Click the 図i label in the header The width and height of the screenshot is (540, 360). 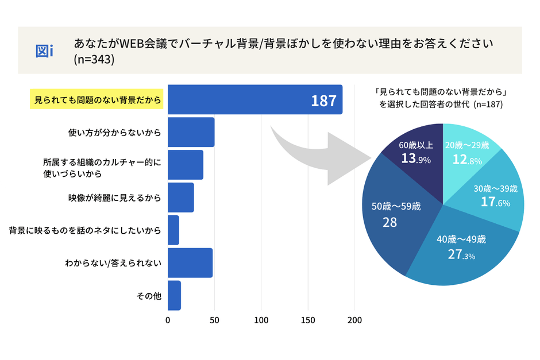(x=44, y=51)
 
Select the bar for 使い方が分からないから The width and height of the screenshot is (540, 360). (x=191, y=132)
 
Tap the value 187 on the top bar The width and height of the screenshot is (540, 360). (x=323, y=101)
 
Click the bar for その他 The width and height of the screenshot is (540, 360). (x=174, y=296)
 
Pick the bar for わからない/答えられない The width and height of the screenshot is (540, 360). (x=190, y=263)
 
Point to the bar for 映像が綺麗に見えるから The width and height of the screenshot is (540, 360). (x=180, y=198)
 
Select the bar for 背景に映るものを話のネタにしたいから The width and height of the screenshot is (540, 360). (x=173, y=230)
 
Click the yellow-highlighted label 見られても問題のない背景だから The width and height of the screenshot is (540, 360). (x=96, y=100)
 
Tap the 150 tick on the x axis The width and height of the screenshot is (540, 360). (x=308, y=320)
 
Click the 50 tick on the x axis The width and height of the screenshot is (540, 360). (x=214, y=320)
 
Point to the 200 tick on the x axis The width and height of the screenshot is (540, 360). (x=354, y=320)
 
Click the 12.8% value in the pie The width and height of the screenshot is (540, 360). (x=467, y=160)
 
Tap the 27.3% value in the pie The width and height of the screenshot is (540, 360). (x=461, y=255)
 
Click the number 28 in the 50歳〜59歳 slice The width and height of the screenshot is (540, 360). (x=390, y=222)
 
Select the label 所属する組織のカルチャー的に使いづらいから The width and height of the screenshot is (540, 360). (x=102, y=167)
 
